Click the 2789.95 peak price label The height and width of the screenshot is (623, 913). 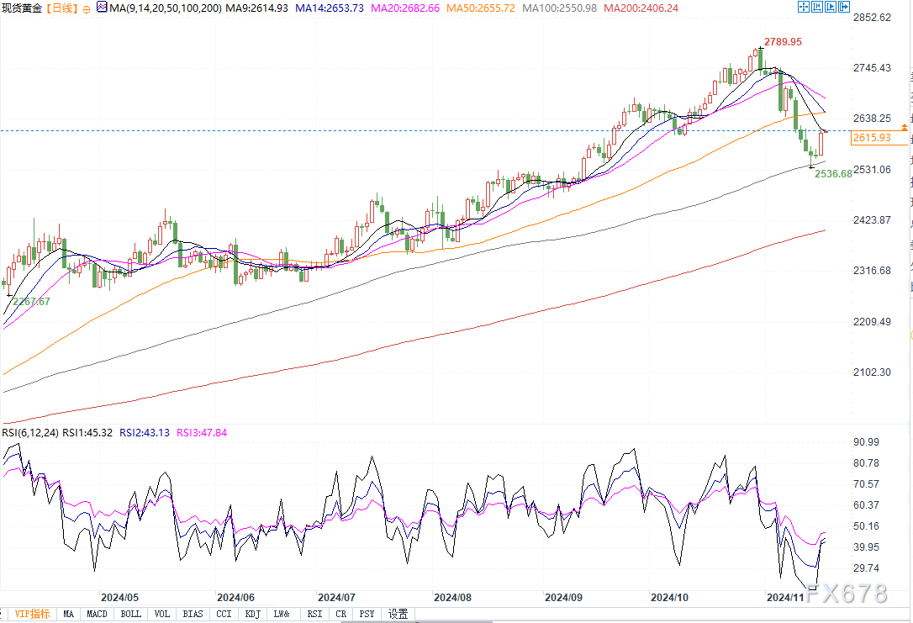point(783,41)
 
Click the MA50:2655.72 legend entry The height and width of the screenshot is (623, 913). point(480,8)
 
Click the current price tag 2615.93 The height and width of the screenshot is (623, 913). point(871,138)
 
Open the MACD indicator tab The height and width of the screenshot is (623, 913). point(97,615)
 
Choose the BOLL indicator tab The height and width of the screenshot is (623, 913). point(130,615)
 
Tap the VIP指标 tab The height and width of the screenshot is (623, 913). point(32,615)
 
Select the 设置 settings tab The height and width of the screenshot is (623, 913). point(398,615)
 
